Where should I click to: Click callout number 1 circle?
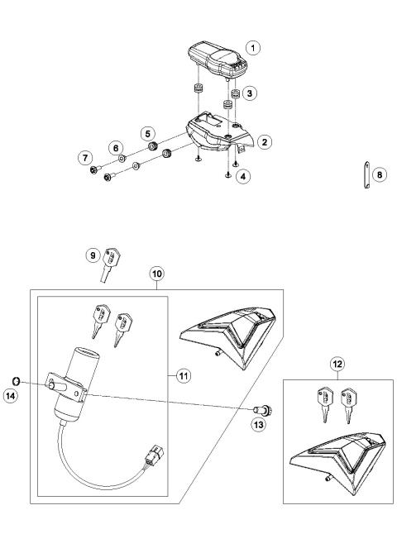[x=257, y=46]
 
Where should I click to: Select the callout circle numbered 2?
[x=264, y=142]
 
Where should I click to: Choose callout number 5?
[x=147, y=131]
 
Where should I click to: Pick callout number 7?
[x=84, y=156]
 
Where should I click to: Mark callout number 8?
[x=380, y=175]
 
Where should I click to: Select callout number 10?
[x=156, y=272]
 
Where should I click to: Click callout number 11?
[x=183, y=376]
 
